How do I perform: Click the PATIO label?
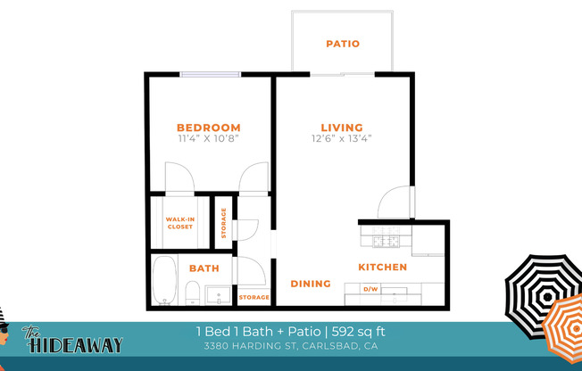(342, 43)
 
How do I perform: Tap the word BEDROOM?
(208, 128)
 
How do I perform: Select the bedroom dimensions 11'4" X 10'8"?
(208, 139)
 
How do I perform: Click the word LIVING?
(342, 128)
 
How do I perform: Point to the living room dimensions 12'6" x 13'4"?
(342, 139)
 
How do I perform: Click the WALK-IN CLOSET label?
(179, 222)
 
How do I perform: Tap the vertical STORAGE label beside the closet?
(224, 224)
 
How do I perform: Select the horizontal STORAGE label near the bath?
(254, 297)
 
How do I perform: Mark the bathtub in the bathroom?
(165, 279)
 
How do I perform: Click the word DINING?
(311, 284)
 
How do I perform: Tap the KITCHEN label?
(383, 267)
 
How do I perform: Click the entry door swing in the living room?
(395, 202)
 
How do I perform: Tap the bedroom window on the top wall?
(211, 74)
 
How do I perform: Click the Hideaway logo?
(62, 340)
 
